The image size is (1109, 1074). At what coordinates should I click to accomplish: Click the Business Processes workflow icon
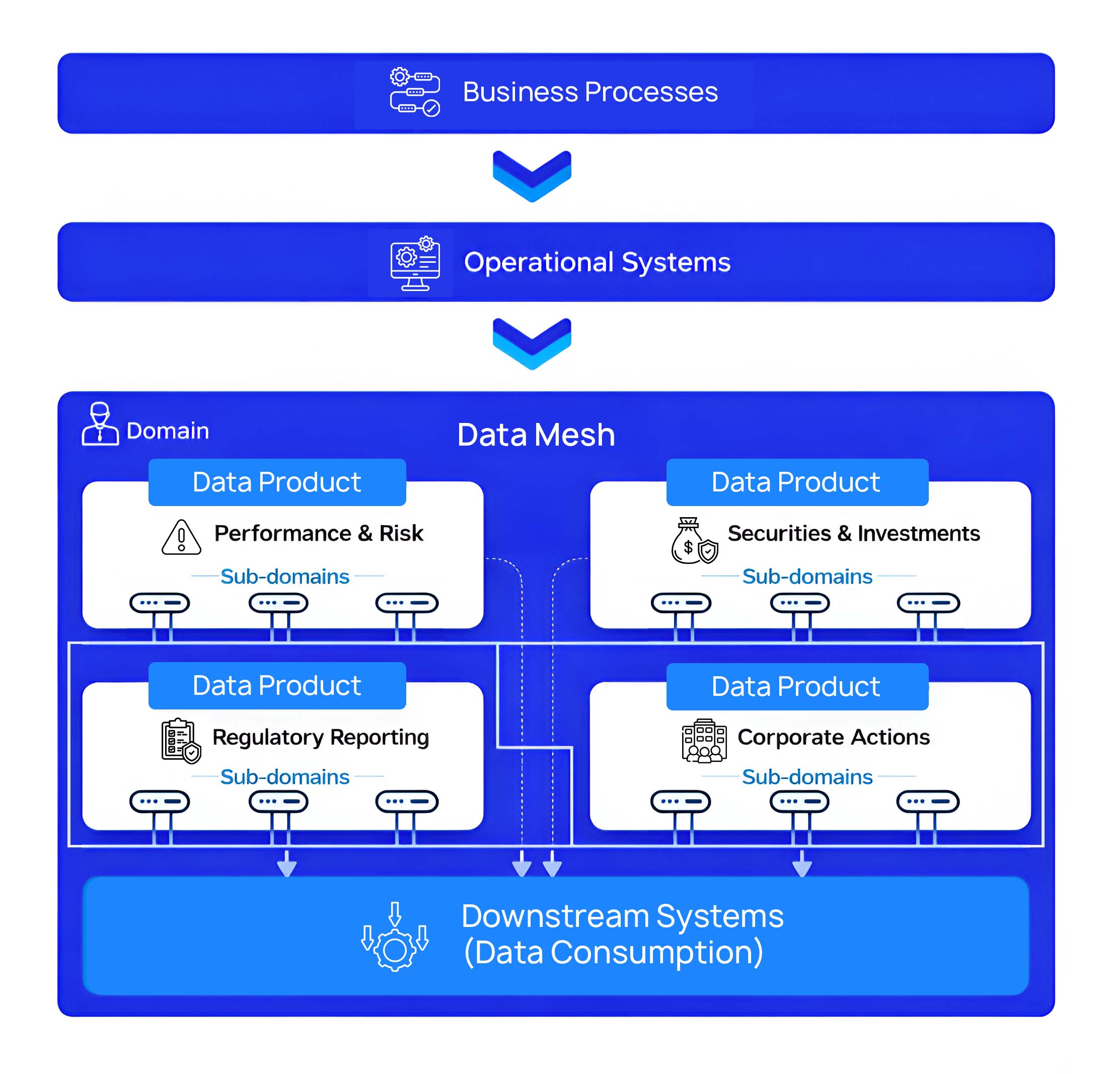click(x=414, y=92)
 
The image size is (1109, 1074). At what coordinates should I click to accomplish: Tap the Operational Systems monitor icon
click(x=415, y=263)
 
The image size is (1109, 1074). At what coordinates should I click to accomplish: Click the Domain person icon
click(x=100, y=424)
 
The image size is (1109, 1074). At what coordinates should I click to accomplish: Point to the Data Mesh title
click(x=535, y=435)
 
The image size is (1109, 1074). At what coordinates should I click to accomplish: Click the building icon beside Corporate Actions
click(x=703, y=740)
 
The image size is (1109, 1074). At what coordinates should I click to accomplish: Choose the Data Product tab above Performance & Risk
click(x=277, y=482)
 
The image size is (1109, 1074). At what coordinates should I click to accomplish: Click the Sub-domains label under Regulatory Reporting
click(x=284, y=777)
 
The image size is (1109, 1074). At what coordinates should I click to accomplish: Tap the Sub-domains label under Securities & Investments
click(x=807, y=577)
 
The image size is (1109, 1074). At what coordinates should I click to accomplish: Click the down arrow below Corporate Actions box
click(x=802, y=864)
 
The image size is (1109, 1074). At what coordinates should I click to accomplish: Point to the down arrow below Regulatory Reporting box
click(x=287, y=864)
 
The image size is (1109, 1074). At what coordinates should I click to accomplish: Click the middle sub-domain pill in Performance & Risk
click(x=278, y=603)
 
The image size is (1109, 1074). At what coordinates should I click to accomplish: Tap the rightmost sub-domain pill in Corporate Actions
click(x=927, y=801)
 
